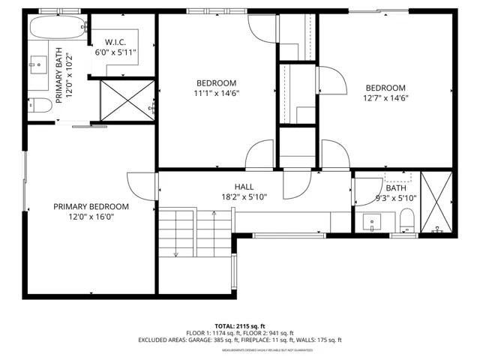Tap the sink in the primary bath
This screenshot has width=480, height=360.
point(37,65)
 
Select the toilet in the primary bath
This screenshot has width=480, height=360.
point(41,105)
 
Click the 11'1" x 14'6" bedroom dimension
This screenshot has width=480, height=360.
point(217,93)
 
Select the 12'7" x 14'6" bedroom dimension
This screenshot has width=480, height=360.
point(385,97)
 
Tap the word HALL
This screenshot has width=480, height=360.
point(243,187)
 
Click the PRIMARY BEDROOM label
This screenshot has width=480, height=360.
point(91,206)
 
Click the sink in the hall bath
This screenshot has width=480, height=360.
point(373,222)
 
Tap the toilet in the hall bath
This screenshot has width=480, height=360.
point(407,220)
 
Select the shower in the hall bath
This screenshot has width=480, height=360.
point(436,202)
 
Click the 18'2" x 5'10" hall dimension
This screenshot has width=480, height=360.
point(243,196)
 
